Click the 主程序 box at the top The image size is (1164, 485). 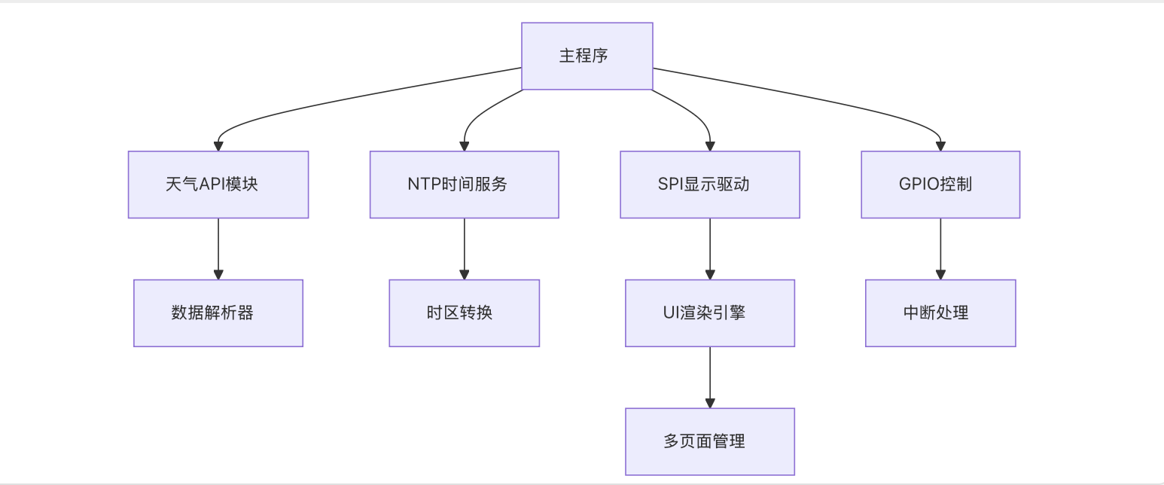587,56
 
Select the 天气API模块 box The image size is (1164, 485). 218,185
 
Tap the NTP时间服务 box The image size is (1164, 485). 464,185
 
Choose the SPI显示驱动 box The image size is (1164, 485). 709,185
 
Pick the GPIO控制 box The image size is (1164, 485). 940,185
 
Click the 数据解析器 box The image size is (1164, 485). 218,313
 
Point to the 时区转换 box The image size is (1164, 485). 464,313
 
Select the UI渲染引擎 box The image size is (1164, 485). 709,313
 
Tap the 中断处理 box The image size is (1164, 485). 940,313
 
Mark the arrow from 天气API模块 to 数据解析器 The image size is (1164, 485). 218,249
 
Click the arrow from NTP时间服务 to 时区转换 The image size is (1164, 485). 464,249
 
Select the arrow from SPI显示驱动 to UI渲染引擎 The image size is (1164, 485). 709,249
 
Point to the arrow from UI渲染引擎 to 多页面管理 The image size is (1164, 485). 709,377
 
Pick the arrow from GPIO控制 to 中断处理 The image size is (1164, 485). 940,249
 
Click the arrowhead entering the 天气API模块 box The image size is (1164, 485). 218,146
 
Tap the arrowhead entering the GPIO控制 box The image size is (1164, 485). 940,146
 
